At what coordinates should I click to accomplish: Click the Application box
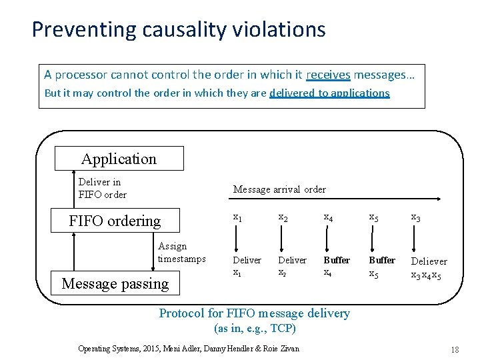(119, 159)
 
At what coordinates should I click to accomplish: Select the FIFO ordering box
(115, 221)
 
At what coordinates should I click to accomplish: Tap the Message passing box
(115, 283)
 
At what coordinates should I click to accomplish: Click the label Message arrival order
(279, 189)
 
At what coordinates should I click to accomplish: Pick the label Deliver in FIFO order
(102, 188)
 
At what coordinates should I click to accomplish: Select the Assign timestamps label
(181, 253)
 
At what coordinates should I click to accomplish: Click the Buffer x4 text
(336, 266)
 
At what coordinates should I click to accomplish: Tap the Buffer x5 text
(382, 266)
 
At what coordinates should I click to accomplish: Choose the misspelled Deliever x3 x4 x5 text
(429, 267)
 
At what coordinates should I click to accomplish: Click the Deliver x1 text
(247, 266)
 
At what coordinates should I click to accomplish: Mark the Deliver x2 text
(292, 266)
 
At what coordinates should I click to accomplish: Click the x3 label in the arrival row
(415, 217)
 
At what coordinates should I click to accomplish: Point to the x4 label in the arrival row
(328, 217)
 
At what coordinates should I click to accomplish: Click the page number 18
(455, 349)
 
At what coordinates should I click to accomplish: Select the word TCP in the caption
(282, 328)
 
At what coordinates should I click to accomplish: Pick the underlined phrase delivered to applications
(329, 93)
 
